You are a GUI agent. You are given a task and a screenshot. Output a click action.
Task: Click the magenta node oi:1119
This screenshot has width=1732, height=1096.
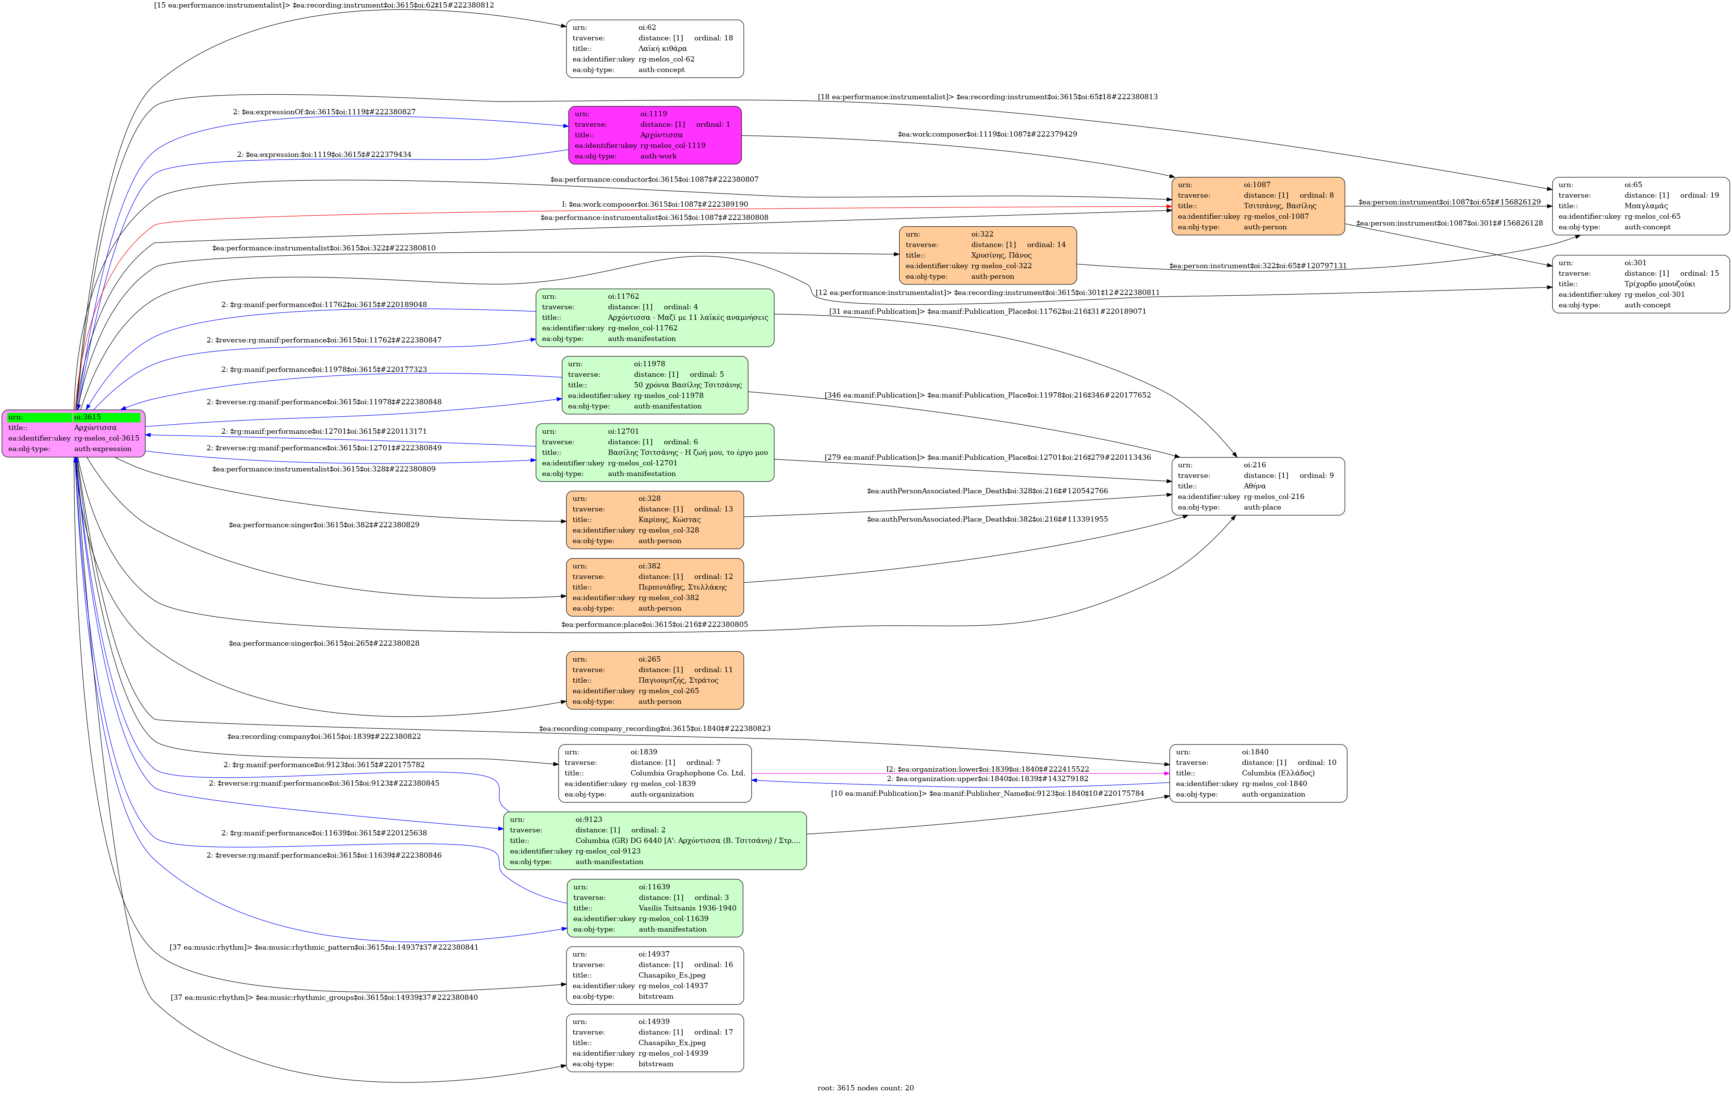[654, 135]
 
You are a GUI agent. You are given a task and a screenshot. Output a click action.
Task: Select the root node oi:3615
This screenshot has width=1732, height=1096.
[74, 433]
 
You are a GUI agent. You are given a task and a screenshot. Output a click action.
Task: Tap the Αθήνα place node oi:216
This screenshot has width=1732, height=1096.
[1258, 487]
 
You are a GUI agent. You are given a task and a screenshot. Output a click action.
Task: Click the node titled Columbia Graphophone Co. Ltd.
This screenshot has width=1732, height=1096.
[654, 774]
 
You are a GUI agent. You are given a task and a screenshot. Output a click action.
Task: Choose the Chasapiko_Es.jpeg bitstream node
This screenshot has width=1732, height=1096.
[654, 976]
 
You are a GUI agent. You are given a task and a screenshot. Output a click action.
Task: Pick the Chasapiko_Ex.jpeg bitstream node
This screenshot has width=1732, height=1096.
[654, 1044]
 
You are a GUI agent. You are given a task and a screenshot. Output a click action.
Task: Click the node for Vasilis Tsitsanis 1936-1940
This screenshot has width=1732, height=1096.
[654, 908]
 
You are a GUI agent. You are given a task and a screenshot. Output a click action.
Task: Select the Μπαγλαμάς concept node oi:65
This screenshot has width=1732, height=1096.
[1640, 207]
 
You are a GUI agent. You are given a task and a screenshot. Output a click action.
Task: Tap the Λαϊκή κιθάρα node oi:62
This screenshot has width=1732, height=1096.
[654, 49]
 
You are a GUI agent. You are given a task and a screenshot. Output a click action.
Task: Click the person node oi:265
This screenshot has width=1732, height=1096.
[654, 681]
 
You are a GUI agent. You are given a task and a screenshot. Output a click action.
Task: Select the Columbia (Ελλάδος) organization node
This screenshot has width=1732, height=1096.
[1258, 774]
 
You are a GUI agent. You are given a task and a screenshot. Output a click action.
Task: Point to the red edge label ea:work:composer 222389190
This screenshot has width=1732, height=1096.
[654, 204]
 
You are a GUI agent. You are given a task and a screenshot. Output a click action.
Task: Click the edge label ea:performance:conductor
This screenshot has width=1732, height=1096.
[654, 179]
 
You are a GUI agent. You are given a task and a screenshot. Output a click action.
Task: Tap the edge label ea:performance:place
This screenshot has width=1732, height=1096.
[654, 625]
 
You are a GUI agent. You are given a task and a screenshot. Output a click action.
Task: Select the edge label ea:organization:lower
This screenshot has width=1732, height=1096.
[987, 769]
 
